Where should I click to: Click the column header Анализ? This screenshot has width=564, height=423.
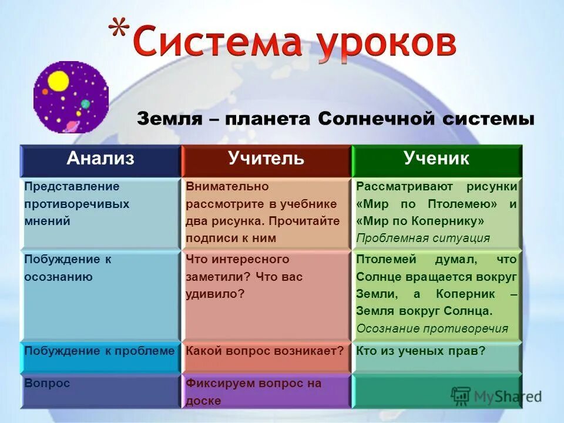pos(100,158)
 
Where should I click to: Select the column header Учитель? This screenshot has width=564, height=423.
pos(266,158)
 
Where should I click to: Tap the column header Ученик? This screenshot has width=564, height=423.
pos(436,158)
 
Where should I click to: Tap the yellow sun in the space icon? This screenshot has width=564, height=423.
pos(58,82)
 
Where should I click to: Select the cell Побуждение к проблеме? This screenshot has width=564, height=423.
pos(100,351)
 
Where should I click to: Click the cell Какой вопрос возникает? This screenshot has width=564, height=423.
pos(265,351)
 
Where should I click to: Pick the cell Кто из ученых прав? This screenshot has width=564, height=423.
pos(421,351)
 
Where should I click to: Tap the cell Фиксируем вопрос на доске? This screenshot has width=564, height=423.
pos(254,391)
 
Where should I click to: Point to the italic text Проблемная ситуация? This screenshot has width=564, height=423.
pos(423,238)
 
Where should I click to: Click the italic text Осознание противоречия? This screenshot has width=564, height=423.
pos(432,328)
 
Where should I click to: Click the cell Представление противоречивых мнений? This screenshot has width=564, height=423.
pos(76,204)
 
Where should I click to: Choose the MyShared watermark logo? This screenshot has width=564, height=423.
pos(496,396)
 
